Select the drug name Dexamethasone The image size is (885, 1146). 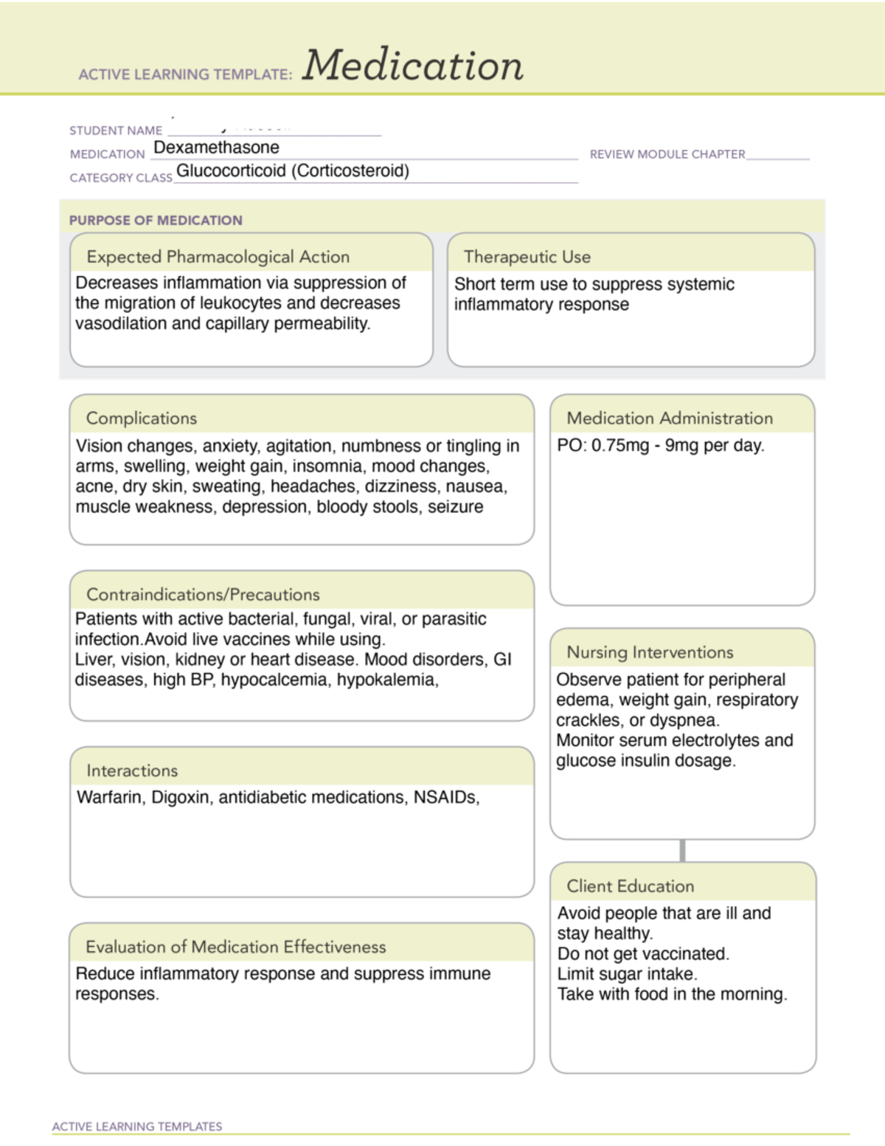point(216,148)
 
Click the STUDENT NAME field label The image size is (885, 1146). point(116,131)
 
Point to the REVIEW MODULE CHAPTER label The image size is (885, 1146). point(667,154)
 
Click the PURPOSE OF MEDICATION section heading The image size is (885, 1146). point(156,220)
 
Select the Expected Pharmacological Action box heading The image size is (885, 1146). point(218,257)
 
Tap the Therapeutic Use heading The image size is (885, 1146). point(527,257)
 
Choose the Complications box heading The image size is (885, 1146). point(142,418)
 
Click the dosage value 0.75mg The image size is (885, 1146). point(620,446)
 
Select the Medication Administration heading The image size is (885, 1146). point(669,418)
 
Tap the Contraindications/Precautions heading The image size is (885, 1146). point(203,595)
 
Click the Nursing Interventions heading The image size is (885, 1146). point(650,652)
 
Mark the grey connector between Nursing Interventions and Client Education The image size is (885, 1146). point(682,850)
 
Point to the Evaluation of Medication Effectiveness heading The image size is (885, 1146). point(235,947)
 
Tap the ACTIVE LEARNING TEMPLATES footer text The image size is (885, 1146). point(137,1127)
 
